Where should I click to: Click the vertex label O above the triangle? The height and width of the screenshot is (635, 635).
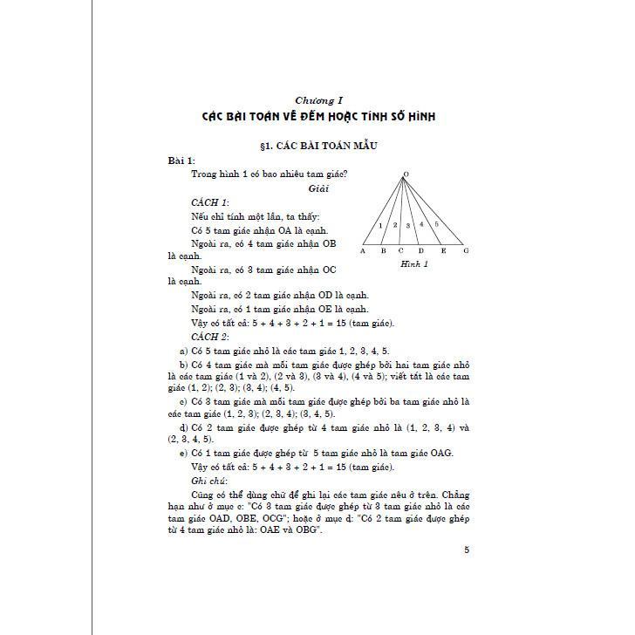[x=406, y=174]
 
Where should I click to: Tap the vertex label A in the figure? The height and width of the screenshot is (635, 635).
[x=362, y=250]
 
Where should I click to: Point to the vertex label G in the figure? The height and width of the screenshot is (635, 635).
[x=466, y=250]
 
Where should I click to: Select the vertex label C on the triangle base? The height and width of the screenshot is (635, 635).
[x=401, y=250]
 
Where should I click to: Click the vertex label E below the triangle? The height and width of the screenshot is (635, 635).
[x=443, y=250]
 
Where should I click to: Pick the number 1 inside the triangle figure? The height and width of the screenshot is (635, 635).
[x=380, y=226]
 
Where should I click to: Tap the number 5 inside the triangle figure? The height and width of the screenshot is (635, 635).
[x=436, y=225]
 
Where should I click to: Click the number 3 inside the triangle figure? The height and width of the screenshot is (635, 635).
[x=407, y=225]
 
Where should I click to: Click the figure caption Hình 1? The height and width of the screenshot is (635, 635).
[x=413, y=263]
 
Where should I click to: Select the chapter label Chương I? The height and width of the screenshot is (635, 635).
[x=317, y=100]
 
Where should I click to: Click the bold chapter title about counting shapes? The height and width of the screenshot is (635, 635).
[x=317, y=116]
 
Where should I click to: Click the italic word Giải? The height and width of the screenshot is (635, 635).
[x=317, y=188]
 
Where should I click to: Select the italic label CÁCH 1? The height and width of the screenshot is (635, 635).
[x=209, y=201]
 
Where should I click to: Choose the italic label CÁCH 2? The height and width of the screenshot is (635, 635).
[x=209, y=337]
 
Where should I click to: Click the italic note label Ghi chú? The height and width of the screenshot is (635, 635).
[x=208, y=481]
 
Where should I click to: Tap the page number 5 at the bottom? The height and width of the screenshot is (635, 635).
[x=467, y=550]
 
